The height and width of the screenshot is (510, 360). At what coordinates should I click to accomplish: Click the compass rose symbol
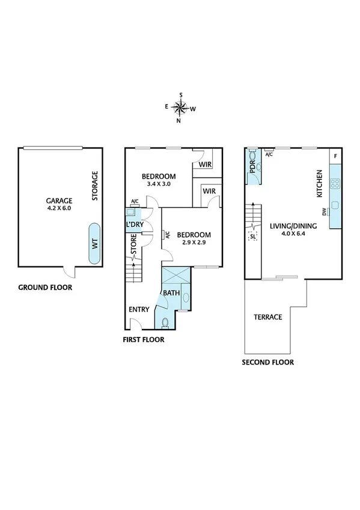[180, 108]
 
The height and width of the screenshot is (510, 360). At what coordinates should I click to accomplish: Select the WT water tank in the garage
[94, 244]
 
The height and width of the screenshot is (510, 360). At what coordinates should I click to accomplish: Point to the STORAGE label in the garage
[95, 186]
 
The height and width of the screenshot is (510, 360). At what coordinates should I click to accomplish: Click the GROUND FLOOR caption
[45, 287]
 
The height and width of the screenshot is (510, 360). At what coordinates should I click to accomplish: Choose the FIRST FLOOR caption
[143, 339]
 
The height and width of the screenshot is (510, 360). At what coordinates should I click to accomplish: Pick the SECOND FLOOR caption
[267, 363]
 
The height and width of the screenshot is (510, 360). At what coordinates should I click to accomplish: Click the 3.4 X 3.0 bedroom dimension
[159, 185]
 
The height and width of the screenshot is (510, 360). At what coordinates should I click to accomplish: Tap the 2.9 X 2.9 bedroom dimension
[194, 243]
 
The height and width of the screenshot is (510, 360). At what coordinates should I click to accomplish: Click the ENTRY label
[139, 310]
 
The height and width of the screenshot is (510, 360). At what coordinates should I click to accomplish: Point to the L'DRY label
[134, 224]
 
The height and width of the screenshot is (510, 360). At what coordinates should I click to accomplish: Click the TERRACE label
[267, 317]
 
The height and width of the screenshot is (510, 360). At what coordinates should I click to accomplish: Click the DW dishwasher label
[324, 211]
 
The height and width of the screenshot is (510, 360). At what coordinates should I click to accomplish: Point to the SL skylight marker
[252, 236]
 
